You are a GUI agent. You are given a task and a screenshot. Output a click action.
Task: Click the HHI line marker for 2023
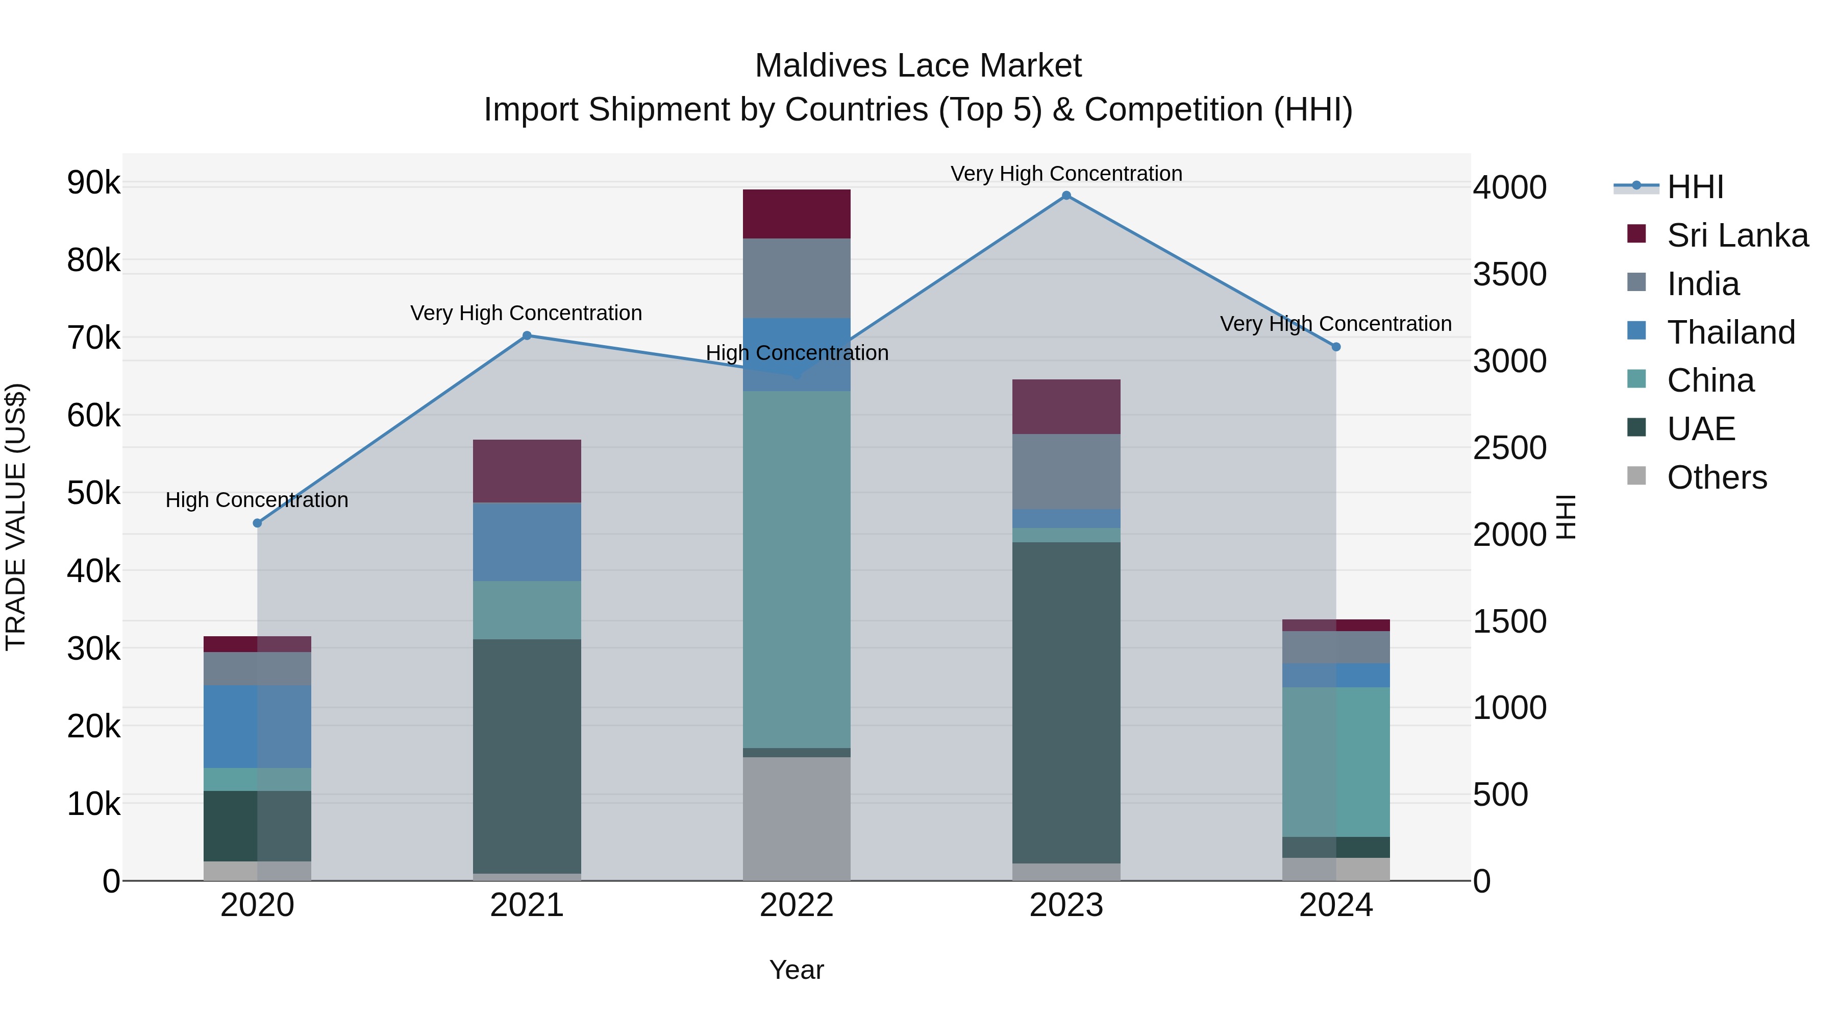[1066, 196]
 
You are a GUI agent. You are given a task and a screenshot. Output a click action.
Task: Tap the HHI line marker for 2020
[258, 523]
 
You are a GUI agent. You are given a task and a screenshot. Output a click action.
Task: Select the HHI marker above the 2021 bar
[527, 335]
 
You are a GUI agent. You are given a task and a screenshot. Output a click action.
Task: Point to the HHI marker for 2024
[1336, 347]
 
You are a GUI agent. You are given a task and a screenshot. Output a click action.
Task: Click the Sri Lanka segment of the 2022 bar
[797, 214]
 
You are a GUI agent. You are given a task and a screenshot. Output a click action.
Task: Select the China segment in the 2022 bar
[797, 569]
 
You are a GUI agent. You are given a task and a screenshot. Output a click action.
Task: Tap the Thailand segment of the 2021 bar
[527, 542]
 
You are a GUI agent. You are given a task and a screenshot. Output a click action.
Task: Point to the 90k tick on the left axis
[93, 183]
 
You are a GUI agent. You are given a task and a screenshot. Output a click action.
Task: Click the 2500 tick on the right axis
[1510, 448]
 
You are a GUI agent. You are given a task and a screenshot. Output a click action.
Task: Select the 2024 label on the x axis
[1336, 905]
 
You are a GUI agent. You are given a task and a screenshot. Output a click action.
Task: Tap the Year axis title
[797, 970]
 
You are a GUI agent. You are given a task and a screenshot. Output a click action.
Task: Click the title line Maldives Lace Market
[918, 66]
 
